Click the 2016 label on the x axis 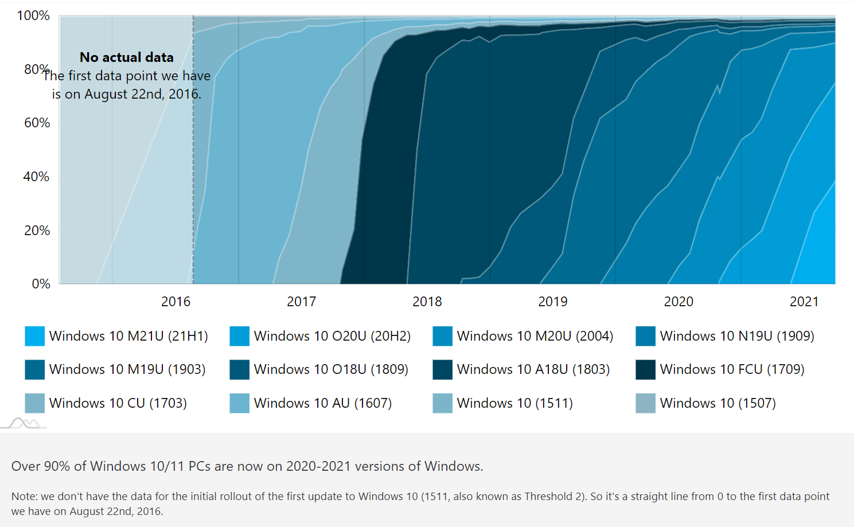[x=176, y=302]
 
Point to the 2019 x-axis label [x=552, y=302]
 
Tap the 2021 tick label [x=804, y=302]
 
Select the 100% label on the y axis [x=33, y=15]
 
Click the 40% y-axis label [x=36, y=177]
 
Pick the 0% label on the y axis [x=41, y=284]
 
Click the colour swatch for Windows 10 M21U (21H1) [x=35, y=336]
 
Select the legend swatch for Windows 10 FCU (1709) [x=645, y=369]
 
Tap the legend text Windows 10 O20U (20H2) [x=332, y=336]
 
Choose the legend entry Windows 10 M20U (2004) [x=535, y=336]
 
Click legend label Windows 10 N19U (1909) [x=737, y=336]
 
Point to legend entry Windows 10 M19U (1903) [x=127, y=369]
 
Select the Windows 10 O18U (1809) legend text [x=331, y=369]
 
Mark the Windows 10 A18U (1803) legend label [x=533, y=369]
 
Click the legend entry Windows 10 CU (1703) [x=118, y=403]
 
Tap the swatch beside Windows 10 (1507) [x=645, y=403]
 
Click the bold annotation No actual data [x=126, y=57]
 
